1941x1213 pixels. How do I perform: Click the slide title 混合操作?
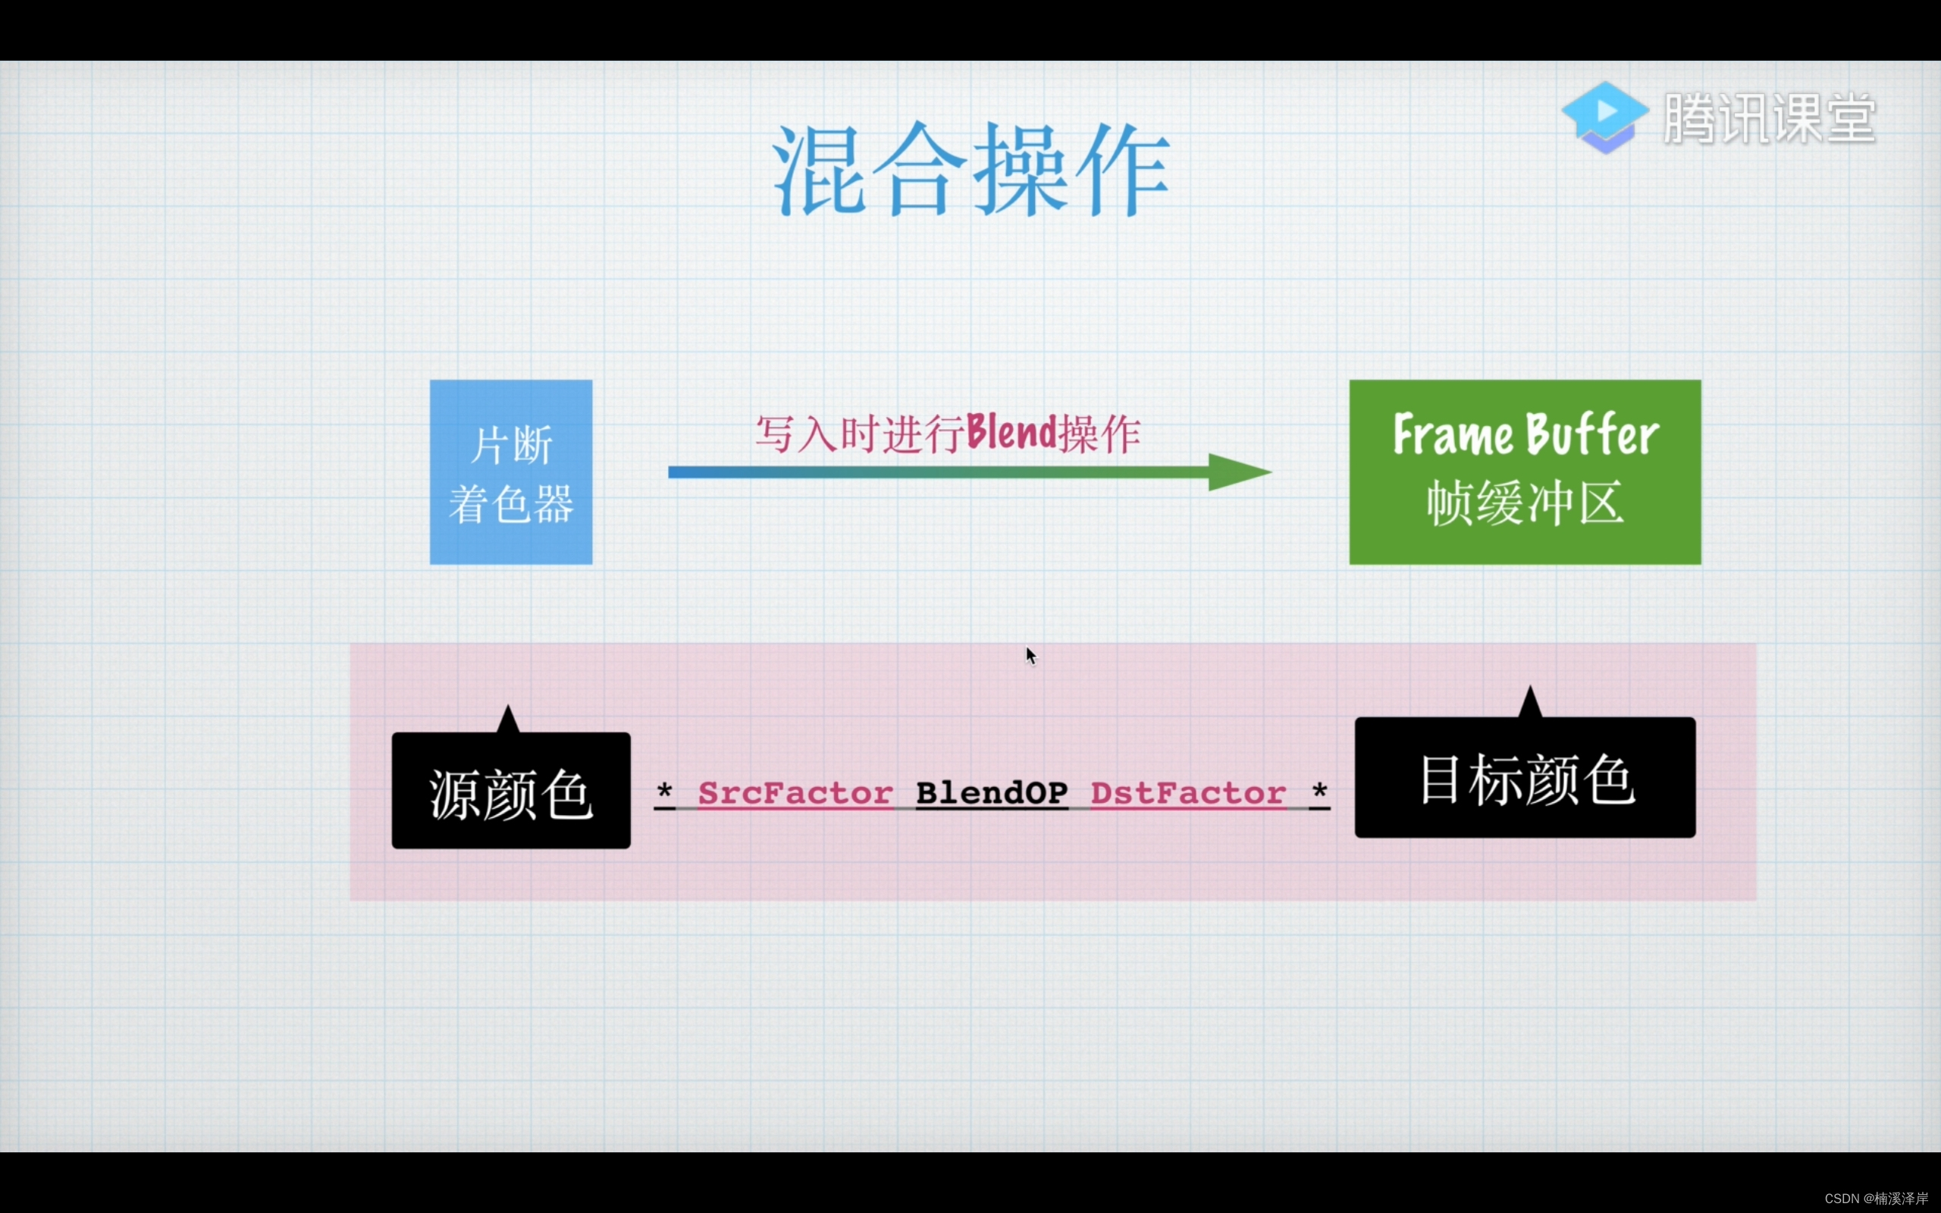(x=970, y=169)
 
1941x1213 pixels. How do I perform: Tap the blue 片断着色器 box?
(x=511, y=472)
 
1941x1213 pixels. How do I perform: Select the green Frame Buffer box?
(x=1524, y=472)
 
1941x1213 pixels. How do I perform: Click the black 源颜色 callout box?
(x=511, y=790)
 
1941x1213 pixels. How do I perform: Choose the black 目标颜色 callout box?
(x=1524, y=777)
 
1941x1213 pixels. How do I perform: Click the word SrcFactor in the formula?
(x=795, y=794)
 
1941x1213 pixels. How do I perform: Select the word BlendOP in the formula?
(x=992, y=794)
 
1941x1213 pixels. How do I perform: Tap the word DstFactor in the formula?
(x=1188, y=794)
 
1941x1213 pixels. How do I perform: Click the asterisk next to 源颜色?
(x=664, y=791)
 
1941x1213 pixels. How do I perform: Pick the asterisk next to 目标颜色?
(x=1319, y=791)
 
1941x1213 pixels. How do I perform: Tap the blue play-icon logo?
(x=1604, y=117)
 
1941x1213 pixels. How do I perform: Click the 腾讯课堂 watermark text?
(x=1770, y=119)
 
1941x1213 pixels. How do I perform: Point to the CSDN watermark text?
(x=1876, y=1199)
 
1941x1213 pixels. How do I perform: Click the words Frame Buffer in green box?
(x=1524, y=435)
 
